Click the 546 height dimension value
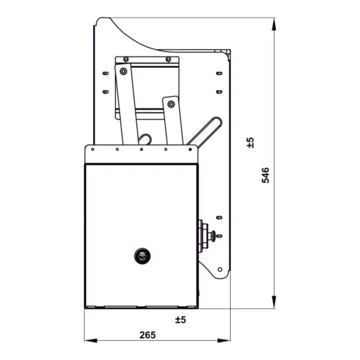click(x=265, y=175)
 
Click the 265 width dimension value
click(x=148, y=335)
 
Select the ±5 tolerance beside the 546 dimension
click(x=251, y=143)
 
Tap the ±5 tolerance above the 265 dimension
click(x=181, y=320)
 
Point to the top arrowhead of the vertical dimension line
click(x=274, y=25)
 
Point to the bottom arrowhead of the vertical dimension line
click(x=274, y=302)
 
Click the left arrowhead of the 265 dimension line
click(x=91, y=340)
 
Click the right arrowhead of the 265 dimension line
click(x=224, y=340)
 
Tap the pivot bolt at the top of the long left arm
click(x=124, y=71)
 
